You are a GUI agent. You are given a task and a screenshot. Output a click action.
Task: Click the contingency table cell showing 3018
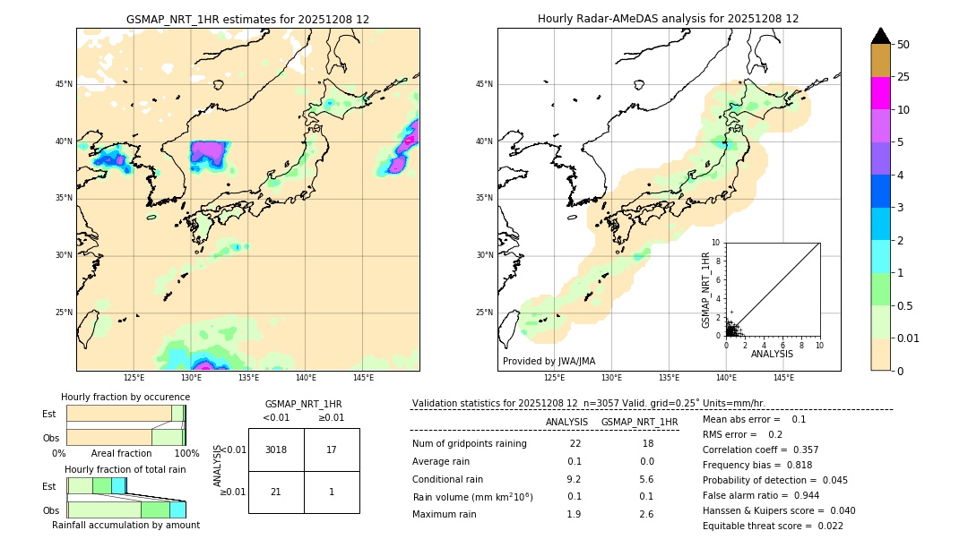point(276,450)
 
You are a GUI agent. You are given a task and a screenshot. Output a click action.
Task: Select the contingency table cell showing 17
point(332,450)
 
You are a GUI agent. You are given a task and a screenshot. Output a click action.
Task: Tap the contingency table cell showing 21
point(276,492)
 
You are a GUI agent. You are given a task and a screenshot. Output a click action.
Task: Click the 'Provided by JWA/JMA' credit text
point(549,361)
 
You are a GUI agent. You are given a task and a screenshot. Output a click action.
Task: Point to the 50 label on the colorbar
point(903,45)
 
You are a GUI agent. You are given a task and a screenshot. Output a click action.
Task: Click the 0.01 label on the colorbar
point(909,338)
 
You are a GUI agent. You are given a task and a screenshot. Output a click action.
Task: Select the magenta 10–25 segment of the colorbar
point(880,93)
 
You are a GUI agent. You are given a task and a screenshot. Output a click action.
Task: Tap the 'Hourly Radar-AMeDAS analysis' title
point(668,19)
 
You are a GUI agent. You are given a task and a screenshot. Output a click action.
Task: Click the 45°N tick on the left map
point(64,84)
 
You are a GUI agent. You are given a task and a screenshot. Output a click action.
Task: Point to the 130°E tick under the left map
point(191,378)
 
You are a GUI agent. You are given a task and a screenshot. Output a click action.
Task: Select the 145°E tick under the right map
point(783,378)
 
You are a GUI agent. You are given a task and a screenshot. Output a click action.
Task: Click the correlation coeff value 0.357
point(800,450)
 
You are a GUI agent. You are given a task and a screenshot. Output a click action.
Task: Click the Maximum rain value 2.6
point(645,514)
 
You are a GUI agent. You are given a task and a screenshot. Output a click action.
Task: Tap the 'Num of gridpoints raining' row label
point(469,444)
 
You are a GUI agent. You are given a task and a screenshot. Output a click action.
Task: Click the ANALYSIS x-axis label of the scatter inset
point(772,354)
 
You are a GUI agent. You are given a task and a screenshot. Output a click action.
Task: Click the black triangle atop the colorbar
point(881,36)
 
